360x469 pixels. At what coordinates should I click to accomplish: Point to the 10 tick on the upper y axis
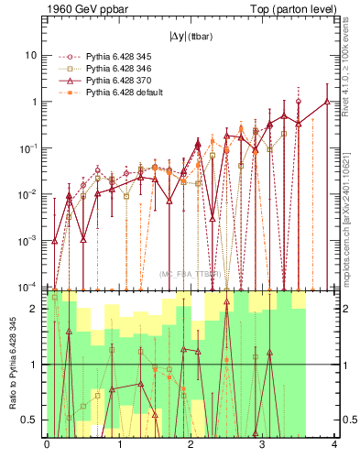tap(30, 55)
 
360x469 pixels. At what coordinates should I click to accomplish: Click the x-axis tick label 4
tap(334, 445)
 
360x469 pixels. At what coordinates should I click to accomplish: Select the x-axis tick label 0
tap(47, 445)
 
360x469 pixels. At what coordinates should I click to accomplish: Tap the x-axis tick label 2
tap(191, 445)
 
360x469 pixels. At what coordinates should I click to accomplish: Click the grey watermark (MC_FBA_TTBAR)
tap(191, 274)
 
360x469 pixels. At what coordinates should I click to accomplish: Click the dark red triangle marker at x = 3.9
tap(327, 102)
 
